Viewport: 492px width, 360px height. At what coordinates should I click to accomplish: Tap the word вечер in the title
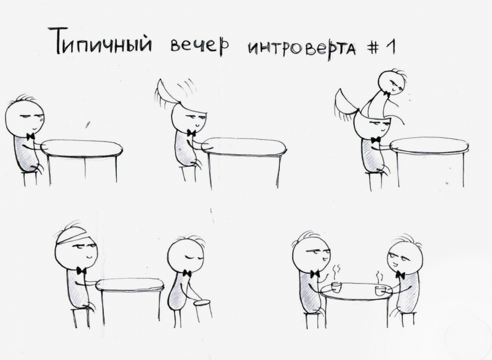pyautogui.click(x=199, y=46)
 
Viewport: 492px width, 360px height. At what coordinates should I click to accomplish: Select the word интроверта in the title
pyautogui.click(x=302, y=49)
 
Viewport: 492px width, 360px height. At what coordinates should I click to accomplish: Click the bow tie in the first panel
pyautogui.click(x=30, y=136)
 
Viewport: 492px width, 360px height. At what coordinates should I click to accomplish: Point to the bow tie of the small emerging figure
pyautogui.click(x=387, y=93)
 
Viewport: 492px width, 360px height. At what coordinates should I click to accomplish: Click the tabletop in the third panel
pyautogui.click(x=429, y=145)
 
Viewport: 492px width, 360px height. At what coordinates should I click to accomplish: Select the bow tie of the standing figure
pyautogui.click(x=187, y=273)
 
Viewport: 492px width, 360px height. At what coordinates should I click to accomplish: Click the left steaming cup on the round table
pyautogui.click(x=336, y=287)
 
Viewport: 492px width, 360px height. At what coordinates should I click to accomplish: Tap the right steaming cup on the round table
pyautogui.click(x=379, y=290)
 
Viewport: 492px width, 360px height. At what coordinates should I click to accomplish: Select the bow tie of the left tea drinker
pyautogui.click(x=315, y=273)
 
